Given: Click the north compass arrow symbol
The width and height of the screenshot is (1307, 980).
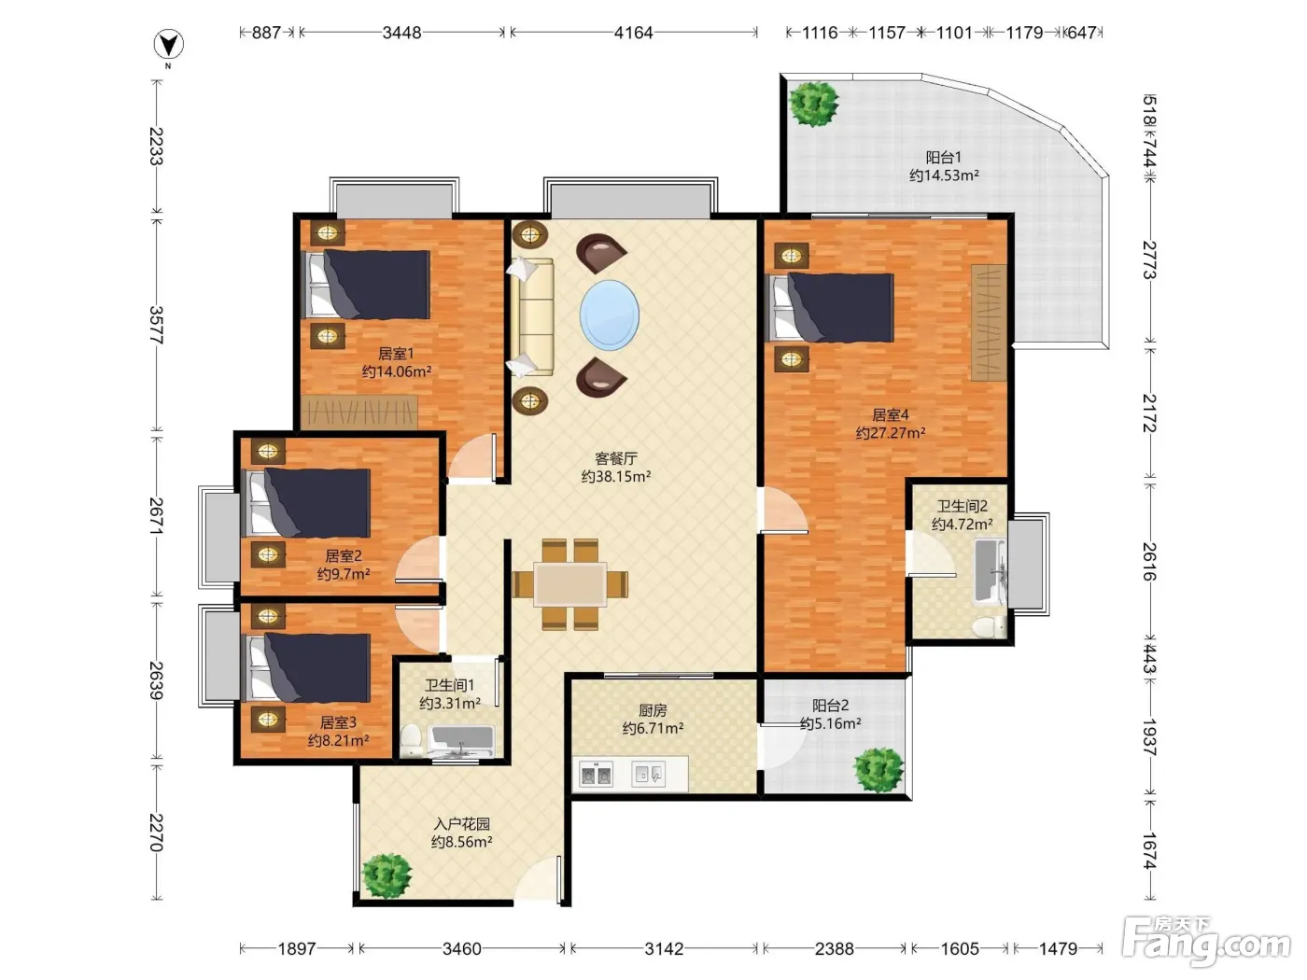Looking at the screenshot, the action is click(169, 45).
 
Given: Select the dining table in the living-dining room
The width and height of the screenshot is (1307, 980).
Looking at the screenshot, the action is click(569, 584).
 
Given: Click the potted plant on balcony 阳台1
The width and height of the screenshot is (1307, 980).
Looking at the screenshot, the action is click(813, 104).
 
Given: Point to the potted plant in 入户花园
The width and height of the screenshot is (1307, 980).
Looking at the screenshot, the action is click(387, 875).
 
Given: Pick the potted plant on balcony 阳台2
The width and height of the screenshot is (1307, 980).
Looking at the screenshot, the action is click(878, 770).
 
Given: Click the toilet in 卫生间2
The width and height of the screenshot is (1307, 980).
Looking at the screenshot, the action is click(988, 627).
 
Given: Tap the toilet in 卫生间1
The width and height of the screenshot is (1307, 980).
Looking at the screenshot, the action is click(410, 741).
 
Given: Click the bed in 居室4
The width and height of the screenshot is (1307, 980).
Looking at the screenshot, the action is click(830, 307).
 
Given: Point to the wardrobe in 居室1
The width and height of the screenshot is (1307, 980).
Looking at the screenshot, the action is click(358, 412).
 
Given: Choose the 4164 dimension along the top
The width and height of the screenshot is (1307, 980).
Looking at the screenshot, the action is click(634, 32).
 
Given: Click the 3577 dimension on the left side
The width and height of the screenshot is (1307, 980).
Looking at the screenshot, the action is click(156, 325).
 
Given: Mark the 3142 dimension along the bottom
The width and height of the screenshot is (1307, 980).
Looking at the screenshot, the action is click(664, 948).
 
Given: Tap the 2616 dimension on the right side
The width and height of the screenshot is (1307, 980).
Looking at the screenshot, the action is click(1149, 562).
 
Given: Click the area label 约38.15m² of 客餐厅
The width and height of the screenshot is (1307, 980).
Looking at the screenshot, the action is click(615, 476).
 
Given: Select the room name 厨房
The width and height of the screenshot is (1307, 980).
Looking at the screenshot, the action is click(653, 710).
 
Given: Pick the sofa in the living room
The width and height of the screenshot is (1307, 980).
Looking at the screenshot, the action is click(532, 317).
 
